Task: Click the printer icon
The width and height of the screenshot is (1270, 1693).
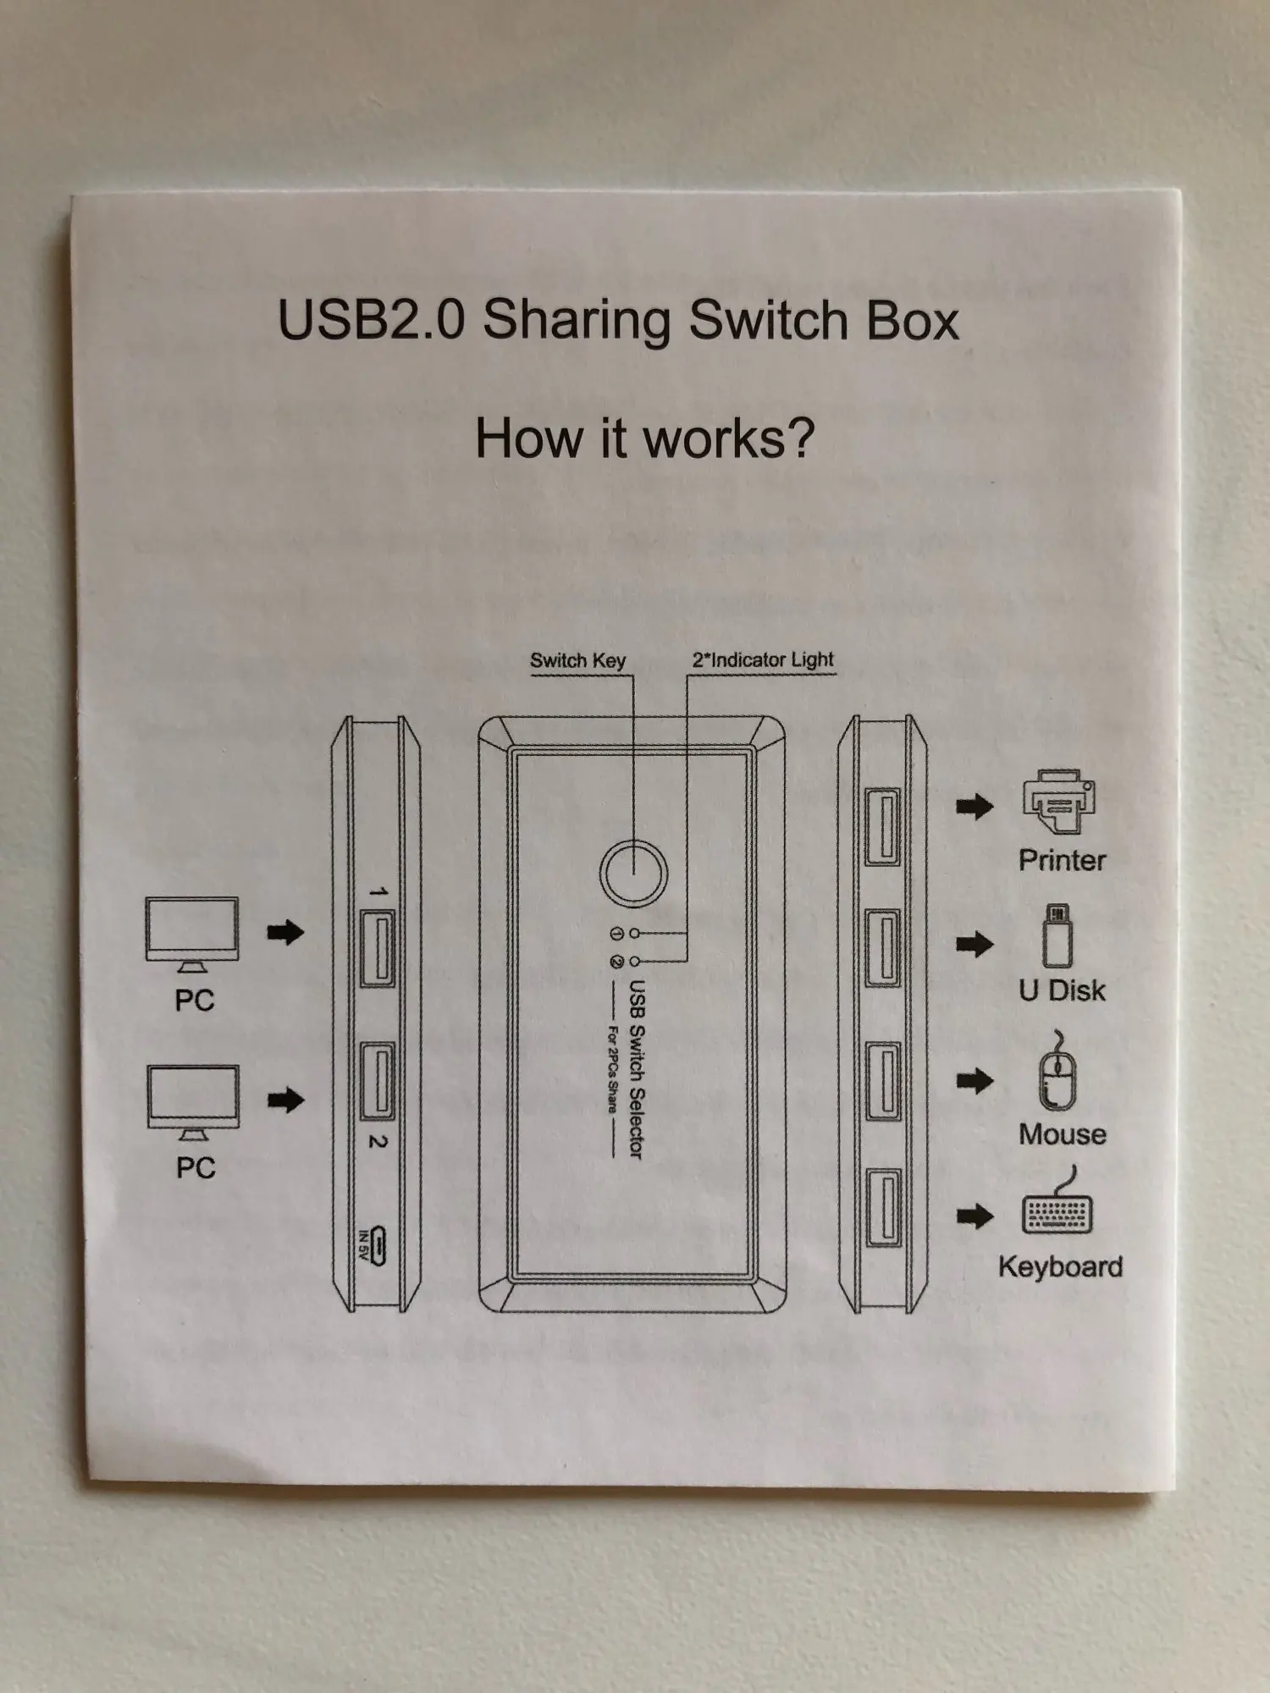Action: click(1059, 803)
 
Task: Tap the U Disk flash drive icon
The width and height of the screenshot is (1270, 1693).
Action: click(1057, 937)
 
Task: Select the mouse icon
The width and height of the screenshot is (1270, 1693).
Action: click(1057, 1073)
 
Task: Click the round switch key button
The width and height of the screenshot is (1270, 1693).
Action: click(633, 873)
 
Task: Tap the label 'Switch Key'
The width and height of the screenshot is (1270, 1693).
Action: click(577, 660)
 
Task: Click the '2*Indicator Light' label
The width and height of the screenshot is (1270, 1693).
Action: click(763, 659)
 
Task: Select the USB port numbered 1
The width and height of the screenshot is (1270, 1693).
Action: click(378, 948)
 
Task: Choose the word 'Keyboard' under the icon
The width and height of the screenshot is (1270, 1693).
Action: click(1060, 1266)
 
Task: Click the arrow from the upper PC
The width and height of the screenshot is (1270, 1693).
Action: click(285, 933)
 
